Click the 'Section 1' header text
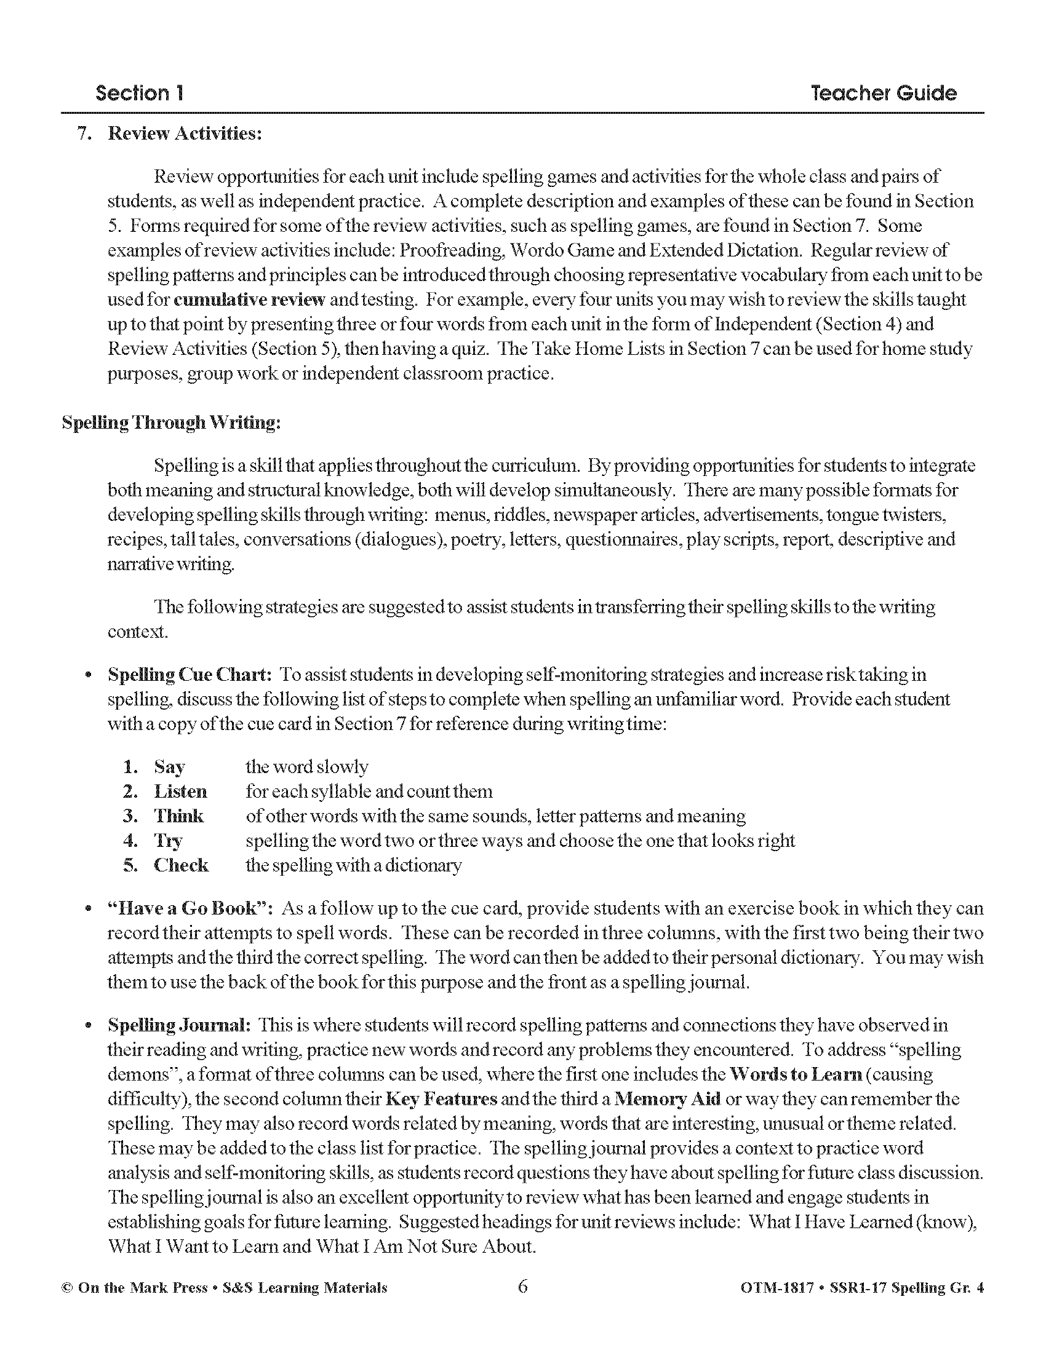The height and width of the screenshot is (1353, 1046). point(140,93)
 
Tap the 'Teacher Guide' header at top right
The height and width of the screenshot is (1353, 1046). point(884,93)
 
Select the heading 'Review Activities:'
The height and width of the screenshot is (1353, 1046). point(185,134)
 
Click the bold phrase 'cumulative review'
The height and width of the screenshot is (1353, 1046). point(249,300)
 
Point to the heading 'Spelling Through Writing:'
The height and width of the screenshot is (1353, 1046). point(171,423)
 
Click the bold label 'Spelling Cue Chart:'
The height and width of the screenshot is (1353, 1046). point(190,675)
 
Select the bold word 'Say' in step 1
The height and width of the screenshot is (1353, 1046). point(169,767)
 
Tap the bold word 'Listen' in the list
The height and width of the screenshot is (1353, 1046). point(180,792)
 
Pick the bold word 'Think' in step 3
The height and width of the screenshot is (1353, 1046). point(178,816)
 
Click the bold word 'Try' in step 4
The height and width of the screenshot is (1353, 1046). point(168,841)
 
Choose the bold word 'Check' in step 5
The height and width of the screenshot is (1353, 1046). point(181,865)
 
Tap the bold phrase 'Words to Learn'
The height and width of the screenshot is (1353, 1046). point(796,1074)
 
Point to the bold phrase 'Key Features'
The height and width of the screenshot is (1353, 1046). point(441,1099)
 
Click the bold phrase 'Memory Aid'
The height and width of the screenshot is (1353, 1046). point(668,1099)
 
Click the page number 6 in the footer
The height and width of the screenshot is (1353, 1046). point(522,1287)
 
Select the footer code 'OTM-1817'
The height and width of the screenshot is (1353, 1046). point(776,1288)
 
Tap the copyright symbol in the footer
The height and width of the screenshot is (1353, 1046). point(67,1288)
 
